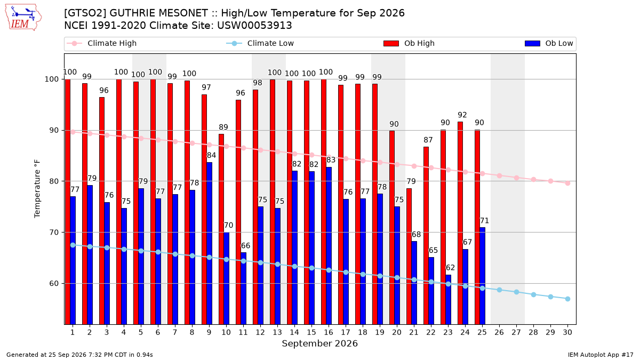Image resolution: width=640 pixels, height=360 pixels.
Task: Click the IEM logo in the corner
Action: tap(23, 18)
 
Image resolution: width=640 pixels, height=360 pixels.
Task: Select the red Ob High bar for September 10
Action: tap(221, 229)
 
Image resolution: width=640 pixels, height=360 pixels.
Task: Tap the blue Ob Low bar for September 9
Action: tap(210, 243)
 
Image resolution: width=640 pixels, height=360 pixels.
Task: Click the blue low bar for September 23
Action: tap(449, 299)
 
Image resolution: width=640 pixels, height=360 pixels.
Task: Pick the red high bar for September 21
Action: tap(409, 257)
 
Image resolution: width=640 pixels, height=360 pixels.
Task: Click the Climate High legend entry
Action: tap(101, 43)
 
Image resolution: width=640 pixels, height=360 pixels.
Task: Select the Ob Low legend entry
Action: tap(549, 43)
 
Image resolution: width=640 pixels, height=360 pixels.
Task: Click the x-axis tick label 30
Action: tap(567, 332)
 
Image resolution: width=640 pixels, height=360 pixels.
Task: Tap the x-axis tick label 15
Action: tap(311, 332)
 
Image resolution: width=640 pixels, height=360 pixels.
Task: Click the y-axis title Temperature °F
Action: tap(37, 189)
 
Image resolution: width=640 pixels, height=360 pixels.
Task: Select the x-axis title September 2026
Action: tap(319, 343)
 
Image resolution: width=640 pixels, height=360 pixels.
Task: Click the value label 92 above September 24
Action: tap(462, 115)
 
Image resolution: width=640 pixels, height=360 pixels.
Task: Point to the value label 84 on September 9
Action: tap(211, 155)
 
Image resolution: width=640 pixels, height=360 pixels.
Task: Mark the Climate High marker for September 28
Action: tap(533, 179)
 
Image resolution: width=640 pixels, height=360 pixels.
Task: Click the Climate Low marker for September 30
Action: tap(567, 299)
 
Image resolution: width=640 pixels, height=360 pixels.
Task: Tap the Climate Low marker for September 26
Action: tap(499, 290)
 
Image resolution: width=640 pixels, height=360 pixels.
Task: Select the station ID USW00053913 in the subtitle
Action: tap(254, 26)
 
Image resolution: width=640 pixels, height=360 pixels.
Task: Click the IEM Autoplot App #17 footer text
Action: tap(601, 355)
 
